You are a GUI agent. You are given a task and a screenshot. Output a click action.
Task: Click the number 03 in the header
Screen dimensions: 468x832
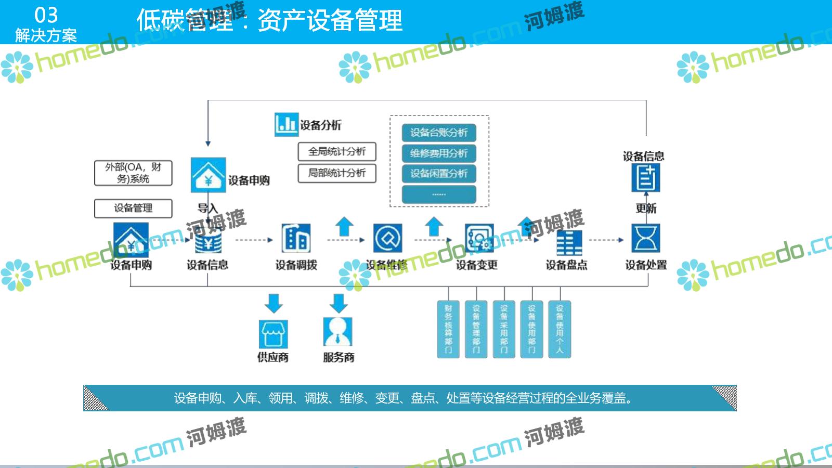tap(46, 16)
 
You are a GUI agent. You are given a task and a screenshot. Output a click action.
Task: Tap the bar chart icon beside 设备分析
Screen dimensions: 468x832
tap(286, 124)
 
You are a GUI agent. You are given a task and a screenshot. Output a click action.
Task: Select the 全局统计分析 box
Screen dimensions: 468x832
tap(337, 152)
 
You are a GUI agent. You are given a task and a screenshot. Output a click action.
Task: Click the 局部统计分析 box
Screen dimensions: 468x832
tap(337, 173)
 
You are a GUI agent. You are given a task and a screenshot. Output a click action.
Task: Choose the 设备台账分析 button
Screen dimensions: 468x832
tap(439, 133)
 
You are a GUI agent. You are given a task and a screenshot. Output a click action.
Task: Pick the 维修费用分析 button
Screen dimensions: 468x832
tap(439, 153)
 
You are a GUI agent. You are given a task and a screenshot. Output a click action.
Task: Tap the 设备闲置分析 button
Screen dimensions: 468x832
tap(439, 174)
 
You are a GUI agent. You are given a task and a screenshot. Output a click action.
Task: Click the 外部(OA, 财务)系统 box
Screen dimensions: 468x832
tap(133, 173)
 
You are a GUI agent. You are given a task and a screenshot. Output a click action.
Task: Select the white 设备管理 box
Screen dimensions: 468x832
tap(133, 208)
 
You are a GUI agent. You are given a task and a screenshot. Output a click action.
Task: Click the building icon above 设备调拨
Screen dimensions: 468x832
tap(296, 239)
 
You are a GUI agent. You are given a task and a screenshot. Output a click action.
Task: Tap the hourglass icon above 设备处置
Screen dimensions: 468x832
tap(645, 238)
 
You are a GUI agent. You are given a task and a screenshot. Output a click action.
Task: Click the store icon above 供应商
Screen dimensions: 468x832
tap(273, 334)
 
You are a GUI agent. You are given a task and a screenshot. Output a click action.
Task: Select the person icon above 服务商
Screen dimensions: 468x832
tap(338, 332)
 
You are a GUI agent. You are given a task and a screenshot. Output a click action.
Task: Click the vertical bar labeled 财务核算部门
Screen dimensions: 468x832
tap(448, 329)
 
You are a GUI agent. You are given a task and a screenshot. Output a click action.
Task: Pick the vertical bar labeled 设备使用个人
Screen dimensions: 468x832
tap(560, 329)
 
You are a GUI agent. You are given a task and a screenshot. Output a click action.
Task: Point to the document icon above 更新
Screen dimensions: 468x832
tap(645, 178)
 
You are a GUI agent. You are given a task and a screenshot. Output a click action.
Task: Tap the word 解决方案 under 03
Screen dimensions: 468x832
tap(46, 35)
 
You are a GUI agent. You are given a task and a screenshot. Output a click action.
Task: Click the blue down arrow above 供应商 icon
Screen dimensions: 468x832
tap(274, 303)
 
